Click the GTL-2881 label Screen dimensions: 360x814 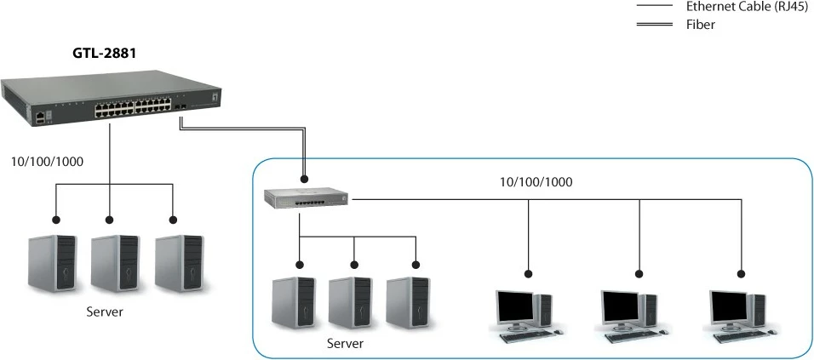click(105, 53)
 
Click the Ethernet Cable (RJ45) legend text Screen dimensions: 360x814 click(742, 7)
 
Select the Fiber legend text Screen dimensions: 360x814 click(700, 25)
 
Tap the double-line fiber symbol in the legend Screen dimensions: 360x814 click(656, 25)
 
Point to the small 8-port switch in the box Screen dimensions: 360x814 click(306, 198)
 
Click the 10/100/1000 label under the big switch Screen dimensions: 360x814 click(46, 162)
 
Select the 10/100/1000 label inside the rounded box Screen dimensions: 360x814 click(536, 182)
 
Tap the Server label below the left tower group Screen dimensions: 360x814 click(105, 311)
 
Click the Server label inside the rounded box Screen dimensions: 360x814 click(345, 344)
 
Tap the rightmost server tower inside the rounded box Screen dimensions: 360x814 click(407, 303)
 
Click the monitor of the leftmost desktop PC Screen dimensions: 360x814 click(517, 307)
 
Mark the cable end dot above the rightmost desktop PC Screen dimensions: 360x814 click(740, 274)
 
